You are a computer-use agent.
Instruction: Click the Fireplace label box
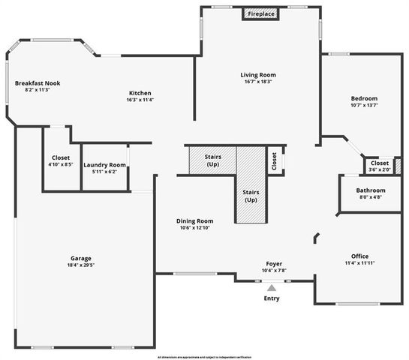(x=261, y=14)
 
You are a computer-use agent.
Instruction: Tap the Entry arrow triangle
(x=272, y=286)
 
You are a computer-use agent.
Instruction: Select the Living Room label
(x=259, y=75)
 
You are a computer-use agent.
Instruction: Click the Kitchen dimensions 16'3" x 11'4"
(x=140, y=99)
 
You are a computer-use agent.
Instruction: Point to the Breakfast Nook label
(x=37, y=82)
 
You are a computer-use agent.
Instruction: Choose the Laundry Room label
(x=105, y=165)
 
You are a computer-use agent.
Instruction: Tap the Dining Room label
(x=195, y=220)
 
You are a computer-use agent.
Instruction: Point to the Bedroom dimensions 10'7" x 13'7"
(x=364, y=106)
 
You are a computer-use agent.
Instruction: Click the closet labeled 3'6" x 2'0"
(x=380, y=169)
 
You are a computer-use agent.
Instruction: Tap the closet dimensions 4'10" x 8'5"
(x=60, y=164)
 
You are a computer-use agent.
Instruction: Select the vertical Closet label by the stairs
(x=275, y=161)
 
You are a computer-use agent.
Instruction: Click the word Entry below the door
(x=272, y=298)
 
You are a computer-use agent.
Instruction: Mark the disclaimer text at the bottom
(x=204, y=356)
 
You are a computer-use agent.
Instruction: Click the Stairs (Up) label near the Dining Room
(x=251, y=196)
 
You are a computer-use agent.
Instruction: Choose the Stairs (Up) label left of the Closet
(x=213, y=160)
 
